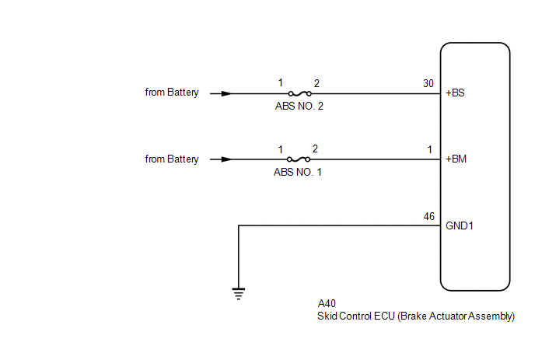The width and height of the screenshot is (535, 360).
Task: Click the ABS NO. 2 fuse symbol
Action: (x=299, y=93)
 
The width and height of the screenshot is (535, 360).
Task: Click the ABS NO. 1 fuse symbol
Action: (x=299, y=159)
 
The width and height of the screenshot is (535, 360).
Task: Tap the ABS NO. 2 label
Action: (x=299, y=106)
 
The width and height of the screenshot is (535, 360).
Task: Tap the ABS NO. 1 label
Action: (x=298, y=172)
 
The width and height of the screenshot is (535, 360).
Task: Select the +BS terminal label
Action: (x=456, y=93)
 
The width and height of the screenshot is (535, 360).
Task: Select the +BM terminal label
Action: (x=456, y=159)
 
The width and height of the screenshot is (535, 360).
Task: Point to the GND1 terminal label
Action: (x=460, y=226)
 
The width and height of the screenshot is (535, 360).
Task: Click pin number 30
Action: (x=428, y=83)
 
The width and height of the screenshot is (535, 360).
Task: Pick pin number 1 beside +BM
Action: (x=429, y=149)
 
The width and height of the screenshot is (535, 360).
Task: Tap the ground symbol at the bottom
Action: (x=238, y=293)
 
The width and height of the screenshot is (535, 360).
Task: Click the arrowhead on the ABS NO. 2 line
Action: (x=226, y=93)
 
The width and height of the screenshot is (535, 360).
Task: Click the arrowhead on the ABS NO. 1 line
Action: (x=226, y=159)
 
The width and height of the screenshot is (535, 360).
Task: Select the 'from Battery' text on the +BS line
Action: (x=172, y=93)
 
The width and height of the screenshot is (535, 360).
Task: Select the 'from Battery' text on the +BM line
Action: (x=172, y=159)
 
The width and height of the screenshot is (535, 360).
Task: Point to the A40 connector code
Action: (x=327, y=304)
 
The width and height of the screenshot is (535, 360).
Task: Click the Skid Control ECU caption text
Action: (x=416, y=316)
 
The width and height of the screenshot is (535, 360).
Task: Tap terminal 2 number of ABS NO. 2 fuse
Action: (x=316, y=82)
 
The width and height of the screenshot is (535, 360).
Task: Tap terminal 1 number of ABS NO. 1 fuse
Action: (x=281, y=149)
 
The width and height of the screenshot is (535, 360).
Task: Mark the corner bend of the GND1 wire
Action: (x=238, y=226)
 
